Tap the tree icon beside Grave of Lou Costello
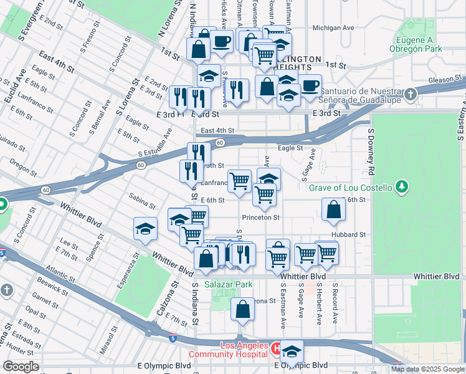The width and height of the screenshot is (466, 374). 402,187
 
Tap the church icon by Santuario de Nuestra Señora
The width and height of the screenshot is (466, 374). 409,95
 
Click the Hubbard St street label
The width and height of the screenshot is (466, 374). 349,234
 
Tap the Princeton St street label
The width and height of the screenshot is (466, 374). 261,218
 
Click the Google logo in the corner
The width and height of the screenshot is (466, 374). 21,367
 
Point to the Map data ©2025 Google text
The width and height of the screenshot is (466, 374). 427,369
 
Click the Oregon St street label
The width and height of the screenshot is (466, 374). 23,167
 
